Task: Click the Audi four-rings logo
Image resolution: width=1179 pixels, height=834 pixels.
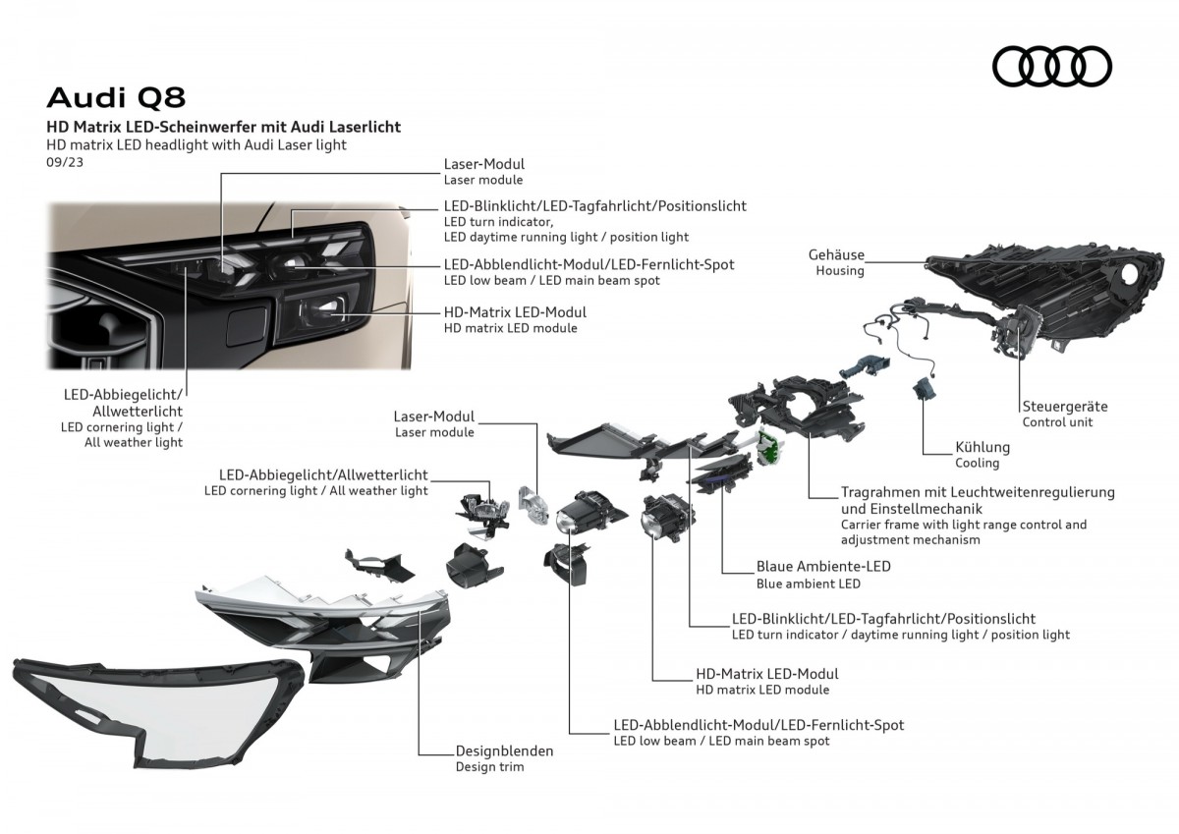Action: [x=1051, y=66]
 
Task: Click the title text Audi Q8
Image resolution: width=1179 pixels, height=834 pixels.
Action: [x=116, y=97]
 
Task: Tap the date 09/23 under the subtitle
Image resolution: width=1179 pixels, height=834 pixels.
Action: [x=65, y=162]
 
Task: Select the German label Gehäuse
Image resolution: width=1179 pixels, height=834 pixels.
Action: [x=836, y=254]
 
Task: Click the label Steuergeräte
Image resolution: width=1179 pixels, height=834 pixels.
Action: [x=1064, y=406]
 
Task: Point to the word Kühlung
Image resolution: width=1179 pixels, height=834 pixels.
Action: [x=982, y=447]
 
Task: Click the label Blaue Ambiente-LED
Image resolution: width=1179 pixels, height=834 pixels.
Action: [x=823, y=567]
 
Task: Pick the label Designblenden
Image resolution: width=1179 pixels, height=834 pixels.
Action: [x=504, y=751]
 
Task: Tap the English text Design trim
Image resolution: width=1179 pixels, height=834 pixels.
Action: [x=489, y=767]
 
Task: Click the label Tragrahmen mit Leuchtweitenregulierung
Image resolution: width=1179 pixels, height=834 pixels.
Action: [x=978, y=492]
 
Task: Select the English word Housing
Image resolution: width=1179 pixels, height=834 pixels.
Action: [x=840, y=271]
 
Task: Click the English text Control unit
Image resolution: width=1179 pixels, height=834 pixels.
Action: [x=1057, y=422]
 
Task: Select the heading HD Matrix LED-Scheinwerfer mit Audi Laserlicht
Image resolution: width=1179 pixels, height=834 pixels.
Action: [x=224, y=127]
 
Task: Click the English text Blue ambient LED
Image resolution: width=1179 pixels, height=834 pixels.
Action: [x=808, y=584]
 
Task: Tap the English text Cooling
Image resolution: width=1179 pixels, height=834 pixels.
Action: [x=977, y=463]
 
